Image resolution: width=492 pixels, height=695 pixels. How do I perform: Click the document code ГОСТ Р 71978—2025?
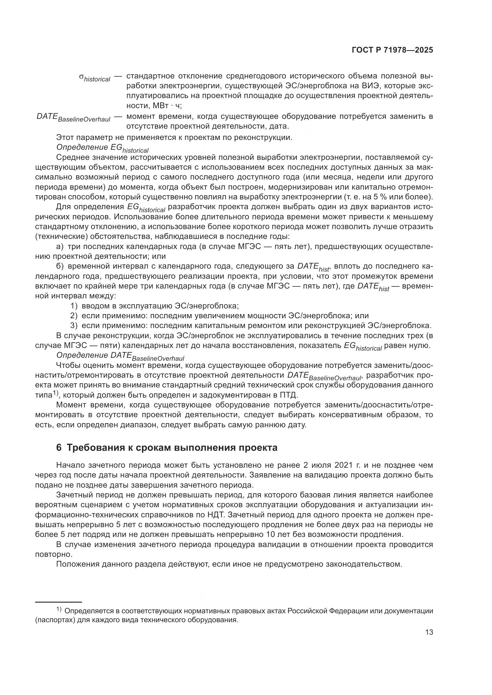pyautogui.click(x=392, y=50)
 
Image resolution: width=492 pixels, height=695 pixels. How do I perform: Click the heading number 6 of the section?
pyautogui.click(x=59, y=448)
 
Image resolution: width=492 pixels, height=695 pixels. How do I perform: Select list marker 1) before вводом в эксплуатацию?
pyautogui.click(x=74, y=306)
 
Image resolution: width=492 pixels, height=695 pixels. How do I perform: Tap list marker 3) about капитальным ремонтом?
pyautogui.click(x=74, y=326)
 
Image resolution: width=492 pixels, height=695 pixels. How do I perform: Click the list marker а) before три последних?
pyautogui.click(x=60, y=246)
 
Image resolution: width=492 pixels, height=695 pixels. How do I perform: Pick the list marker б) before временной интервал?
pyautogui.click(x=60, y=266)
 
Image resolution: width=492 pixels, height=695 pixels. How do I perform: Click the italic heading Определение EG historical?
pyautogui.click(x=102, y=148)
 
